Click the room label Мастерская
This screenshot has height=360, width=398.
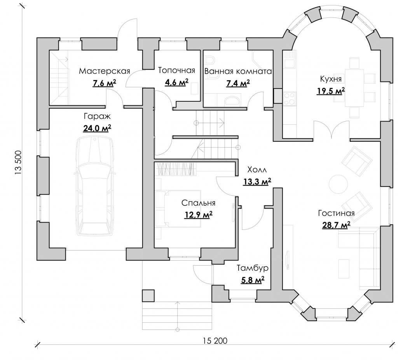(104, 71)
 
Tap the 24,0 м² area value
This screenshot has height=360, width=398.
(97, 128)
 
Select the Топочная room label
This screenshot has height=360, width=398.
(176, 70)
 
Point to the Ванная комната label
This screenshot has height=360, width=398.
(238, 71)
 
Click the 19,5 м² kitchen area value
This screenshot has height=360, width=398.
(330, 91)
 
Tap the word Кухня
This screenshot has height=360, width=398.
(331, 79)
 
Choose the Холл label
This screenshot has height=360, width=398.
(257, 170)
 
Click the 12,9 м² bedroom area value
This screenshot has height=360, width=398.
(198, 215)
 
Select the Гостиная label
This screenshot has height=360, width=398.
(336, 213)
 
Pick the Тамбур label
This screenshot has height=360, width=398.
(253, 268)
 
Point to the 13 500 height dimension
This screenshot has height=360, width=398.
(19, 162)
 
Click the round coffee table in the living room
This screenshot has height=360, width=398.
(338, 184)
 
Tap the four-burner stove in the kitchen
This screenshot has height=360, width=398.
(290, 98)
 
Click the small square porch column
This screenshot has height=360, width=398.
(148, 296)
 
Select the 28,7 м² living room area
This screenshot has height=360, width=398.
(336, 225)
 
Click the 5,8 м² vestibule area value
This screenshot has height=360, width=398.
(252, 280)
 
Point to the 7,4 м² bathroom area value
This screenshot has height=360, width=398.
(238, 83)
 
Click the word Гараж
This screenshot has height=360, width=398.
(97, 117)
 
